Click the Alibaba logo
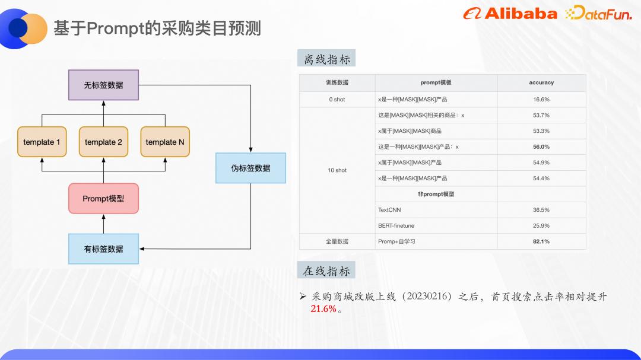click(x=510, y=14)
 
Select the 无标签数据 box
click(x=103, y=85)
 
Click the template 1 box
click(x=42, y=142)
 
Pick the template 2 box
click(x=103, y=142)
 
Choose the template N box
click(x=165, y=142)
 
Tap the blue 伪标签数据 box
click(x=250, y=168)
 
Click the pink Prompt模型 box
click(x=103, y=198)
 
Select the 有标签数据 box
click(x=103, y=249)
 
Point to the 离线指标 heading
click(x=327, y=59)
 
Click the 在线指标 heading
click(x=326, y=271)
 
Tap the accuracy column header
click(x=541, y=82)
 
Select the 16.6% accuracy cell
click(x=541, y=99)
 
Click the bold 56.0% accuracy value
click(x=541, y=146)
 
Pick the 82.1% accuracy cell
click(x=541, y=241)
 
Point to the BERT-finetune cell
click(x=396, y=225)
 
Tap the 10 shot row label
click(x=337, y=170)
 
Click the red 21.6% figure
click(x=323, y=309)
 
